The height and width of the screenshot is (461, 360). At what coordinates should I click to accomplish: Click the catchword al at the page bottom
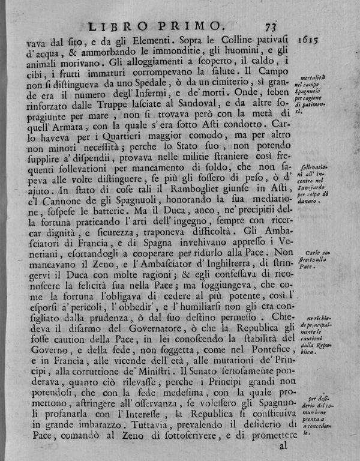click(284, 446)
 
